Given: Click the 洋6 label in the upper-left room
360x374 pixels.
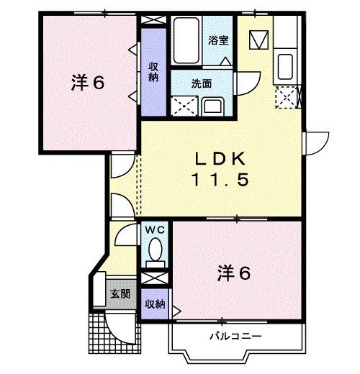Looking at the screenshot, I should click(89, 83).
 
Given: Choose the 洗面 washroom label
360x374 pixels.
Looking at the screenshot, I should click(201, 83).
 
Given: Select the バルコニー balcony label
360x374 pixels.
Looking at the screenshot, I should click(235, 337).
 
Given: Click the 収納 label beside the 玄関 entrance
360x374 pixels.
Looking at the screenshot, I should click(153, 305).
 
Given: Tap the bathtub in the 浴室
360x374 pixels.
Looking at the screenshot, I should click(187, 40).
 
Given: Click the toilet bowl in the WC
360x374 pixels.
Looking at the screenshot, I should click(154, 252).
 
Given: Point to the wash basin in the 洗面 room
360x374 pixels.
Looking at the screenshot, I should click(214, 107).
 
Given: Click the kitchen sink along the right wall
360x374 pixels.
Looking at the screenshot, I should click(285, 67).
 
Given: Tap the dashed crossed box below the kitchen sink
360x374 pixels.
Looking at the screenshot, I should click(287, 96).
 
